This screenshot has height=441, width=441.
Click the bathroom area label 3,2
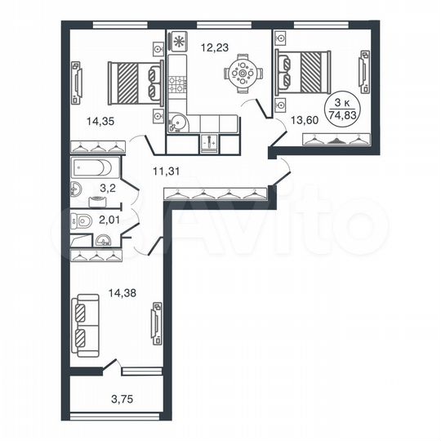(x=107, y=189)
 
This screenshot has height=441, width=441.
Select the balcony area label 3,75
(x=119, y=399)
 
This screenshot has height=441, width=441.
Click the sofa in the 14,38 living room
(x=82, y=324)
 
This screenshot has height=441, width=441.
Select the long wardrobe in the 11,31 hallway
(x=216, y=194)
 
